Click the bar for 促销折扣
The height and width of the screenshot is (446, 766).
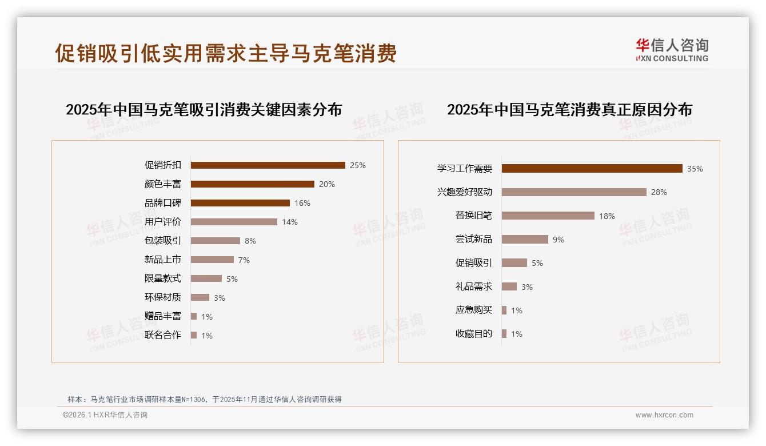coord(268,165)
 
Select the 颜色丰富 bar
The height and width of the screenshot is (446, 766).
coord(252,184)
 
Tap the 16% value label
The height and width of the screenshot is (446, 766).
coord(302,203)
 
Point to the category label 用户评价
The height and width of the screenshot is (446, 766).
coord(162,222)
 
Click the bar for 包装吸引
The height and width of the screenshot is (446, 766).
coord(215,241)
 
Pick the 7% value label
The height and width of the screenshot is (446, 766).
coord(244,260)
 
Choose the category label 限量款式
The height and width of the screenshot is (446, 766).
coord(162,278)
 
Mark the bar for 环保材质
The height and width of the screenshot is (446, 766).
coord(200,297)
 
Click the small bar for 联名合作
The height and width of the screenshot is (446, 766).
coord(194,335)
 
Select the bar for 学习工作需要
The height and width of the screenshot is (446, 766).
coord(592,169)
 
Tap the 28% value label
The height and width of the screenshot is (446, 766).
coord(659,192)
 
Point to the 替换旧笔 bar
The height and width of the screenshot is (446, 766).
coord(548,216)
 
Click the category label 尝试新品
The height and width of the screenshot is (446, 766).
coord(473,239)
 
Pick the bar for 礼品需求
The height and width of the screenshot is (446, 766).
coord(509,286)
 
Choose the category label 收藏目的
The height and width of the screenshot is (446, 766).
coord(473,334)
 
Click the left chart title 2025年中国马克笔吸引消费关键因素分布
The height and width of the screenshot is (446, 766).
coord(204,109)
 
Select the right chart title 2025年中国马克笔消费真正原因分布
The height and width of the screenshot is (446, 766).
coord(569,109)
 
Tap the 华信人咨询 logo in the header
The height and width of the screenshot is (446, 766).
coord(672,50)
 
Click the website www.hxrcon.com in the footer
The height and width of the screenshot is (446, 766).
coord(664,415)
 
